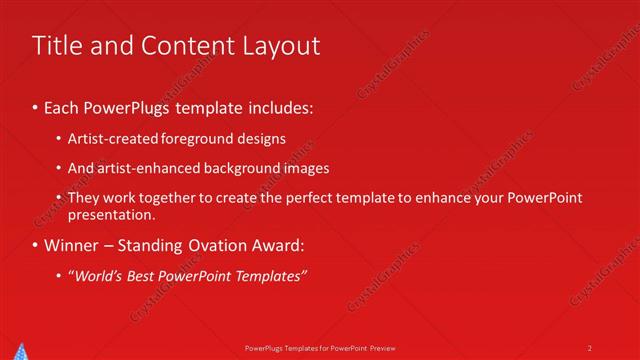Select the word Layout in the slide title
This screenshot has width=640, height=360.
click(x=282, y=46)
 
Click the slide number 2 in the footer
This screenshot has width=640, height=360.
click(x=589, y=347)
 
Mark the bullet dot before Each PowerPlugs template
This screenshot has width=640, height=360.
click(x=36, y=106)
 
